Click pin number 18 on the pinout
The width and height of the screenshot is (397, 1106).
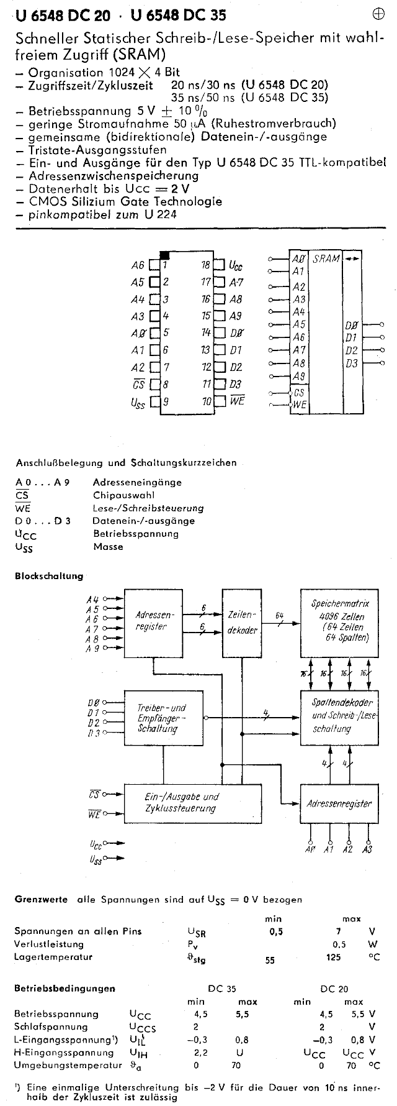tap(206, 265)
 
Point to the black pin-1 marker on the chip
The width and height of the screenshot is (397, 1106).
tap(165, 255)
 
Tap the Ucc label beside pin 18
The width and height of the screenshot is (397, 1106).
tap(236, 266)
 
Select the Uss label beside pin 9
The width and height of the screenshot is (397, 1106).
tap(138, 402)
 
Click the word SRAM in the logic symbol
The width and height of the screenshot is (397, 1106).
tap(326, 258)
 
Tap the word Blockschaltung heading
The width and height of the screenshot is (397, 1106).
tap(49, 576)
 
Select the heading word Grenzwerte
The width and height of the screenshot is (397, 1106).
tap(41, 899)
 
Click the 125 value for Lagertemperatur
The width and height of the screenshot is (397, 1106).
tap(333, 957)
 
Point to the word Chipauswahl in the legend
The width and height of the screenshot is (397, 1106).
tap(124, 495)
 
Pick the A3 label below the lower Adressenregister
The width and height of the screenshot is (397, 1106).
tap(367, 849)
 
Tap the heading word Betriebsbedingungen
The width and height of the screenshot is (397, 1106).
tap(65, 988)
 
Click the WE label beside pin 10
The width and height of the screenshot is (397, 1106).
tap(238, 401)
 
